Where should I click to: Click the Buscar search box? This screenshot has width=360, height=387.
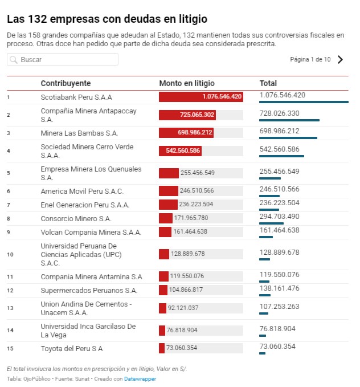[x=63, y=59]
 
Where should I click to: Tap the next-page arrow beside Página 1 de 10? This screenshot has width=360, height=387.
[x=340, y=59]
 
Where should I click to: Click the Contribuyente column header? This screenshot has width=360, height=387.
[x=66, y=83]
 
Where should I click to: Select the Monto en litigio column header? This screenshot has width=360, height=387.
[x=187, y=83]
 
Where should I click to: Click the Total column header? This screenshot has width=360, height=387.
[x=268, y=83]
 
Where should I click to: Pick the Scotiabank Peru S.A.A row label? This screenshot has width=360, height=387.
[x=76, y=97]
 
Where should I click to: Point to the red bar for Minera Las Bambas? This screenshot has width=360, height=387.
[x=186, y=133]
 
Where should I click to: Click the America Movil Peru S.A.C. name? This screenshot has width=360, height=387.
[x=82, y=191]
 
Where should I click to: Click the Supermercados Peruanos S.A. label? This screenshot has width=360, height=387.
[x=89, y=290]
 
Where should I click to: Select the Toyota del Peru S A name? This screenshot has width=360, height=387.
[x=72, y=348]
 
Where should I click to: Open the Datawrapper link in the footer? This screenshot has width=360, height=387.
[x=140, y=378]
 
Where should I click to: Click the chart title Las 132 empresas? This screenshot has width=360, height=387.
[x=107, y=19]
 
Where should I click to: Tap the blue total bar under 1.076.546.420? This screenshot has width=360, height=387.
[x=304, y=102]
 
